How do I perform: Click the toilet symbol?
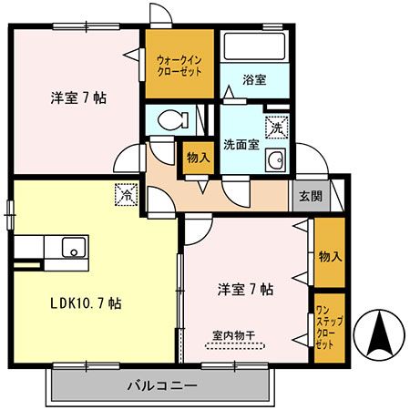tap(173, 119)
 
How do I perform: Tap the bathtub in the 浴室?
tap(254, 46)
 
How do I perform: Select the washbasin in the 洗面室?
tap(276, 160)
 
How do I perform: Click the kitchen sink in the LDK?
tap(74, 247)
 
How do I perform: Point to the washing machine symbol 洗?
tap(277, 128)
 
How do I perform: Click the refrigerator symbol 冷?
tap(126, 195)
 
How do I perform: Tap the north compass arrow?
tap(380, 335)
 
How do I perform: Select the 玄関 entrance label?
tap(311, 196)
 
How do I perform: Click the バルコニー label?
tap(162, 386)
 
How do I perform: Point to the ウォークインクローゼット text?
tap(179, 66)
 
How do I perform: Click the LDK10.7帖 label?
tap(86, 303)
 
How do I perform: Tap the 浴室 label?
tap(254, 79)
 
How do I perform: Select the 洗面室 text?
tap(241, 145)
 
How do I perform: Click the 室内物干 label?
tap(234, 336)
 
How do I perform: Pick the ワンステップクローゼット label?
tap(329, 327)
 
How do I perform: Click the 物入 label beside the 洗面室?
tap(199, 158)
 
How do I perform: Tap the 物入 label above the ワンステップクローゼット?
tap(330, 257)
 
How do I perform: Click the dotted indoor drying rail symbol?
tap(235, 346)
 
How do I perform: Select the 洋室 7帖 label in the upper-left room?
tap(78, 98)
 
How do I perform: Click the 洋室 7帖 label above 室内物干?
tap(245, 290)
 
